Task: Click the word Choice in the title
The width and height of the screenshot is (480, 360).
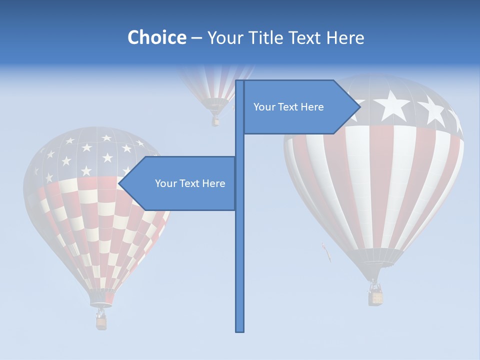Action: [156, 37]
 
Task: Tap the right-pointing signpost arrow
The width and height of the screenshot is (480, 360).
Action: [300, 107]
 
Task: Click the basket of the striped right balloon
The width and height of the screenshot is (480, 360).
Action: [375, 297]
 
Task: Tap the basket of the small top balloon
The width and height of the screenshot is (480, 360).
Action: [215, 121]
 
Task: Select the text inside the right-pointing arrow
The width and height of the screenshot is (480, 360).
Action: [288, 107]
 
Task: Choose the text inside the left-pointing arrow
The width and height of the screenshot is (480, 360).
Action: [190, 183]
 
